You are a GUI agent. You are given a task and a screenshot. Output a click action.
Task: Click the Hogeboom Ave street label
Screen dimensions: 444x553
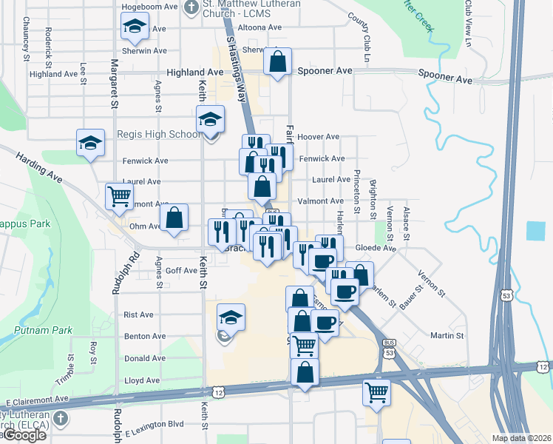150,6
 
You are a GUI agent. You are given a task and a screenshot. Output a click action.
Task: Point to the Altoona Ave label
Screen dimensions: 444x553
265,27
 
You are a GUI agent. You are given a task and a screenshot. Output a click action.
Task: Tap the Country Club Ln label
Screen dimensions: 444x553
364,38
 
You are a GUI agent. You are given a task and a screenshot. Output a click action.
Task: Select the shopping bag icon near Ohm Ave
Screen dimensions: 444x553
174,219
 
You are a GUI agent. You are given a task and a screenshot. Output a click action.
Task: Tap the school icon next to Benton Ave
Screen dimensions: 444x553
231,318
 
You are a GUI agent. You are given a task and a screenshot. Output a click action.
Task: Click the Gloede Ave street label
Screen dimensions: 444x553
376,249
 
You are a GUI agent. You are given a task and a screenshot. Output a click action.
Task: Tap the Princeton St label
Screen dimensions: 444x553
356,190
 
